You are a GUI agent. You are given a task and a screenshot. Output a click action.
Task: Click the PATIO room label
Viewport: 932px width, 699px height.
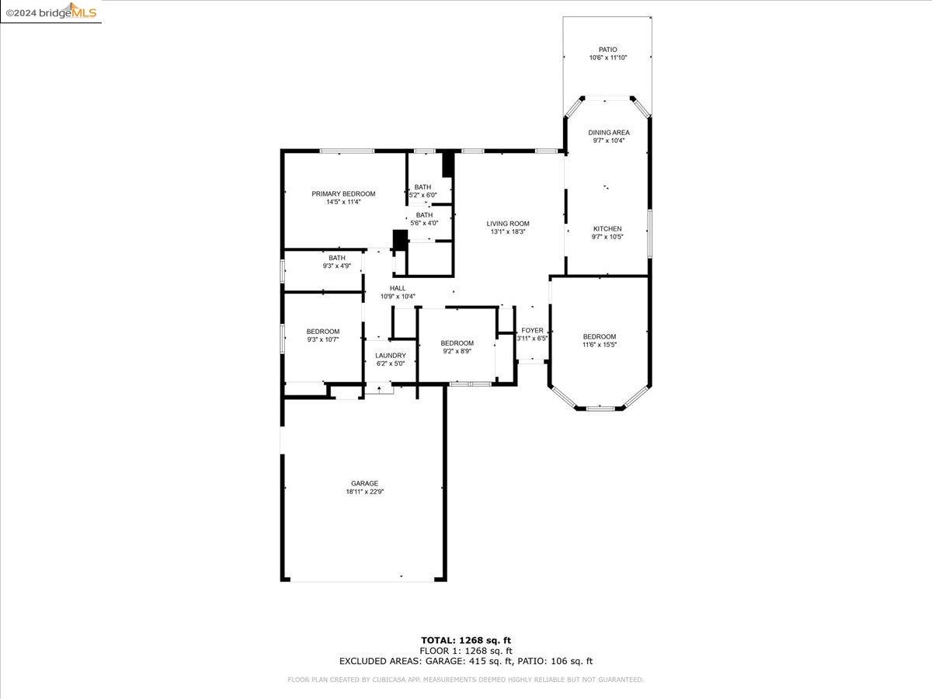[607, 49]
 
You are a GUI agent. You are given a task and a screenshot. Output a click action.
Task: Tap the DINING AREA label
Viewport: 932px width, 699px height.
[608, 133]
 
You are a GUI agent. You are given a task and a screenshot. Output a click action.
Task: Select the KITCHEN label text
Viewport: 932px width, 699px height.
[607, 228]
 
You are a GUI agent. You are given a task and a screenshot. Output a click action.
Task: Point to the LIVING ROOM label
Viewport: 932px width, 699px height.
[508, 224]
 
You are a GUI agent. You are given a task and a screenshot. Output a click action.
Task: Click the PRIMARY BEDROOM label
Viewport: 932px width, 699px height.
[343, 193]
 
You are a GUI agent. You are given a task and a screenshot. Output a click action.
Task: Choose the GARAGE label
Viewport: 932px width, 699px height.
[364, 483]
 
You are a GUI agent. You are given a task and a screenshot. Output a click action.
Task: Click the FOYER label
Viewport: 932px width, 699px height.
[532, 330]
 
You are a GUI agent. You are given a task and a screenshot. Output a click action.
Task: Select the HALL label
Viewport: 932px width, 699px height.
[398, 288]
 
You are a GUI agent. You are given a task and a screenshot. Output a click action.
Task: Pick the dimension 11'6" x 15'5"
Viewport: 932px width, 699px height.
[599, 345]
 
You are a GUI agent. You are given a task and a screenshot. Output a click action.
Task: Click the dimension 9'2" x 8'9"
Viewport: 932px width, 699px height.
[457, 351]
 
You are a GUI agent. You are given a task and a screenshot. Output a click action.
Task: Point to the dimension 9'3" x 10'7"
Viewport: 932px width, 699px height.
[322, 339]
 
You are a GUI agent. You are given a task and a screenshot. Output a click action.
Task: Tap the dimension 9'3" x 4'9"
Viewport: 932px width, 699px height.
[336, 266]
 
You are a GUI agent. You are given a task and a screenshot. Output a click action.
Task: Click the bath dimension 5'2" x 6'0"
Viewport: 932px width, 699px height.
[423, 195]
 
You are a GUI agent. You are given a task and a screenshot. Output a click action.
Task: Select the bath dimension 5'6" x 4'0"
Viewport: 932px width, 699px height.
[424, 223]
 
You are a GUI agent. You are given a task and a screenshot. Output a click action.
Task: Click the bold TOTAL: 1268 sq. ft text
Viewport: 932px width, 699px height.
[465, 640]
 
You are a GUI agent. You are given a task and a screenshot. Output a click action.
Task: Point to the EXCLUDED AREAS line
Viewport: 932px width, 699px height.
[465, 661]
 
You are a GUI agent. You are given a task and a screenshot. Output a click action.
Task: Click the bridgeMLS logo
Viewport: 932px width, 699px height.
[50, 11]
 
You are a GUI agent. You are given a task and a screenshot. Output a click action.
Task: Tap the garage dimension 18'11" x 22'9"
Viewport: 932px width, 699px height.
[364, 492]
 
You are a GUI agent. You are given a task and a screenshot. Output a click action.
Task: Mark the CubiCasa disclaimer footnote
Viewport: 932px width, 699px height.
[465, 680]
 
